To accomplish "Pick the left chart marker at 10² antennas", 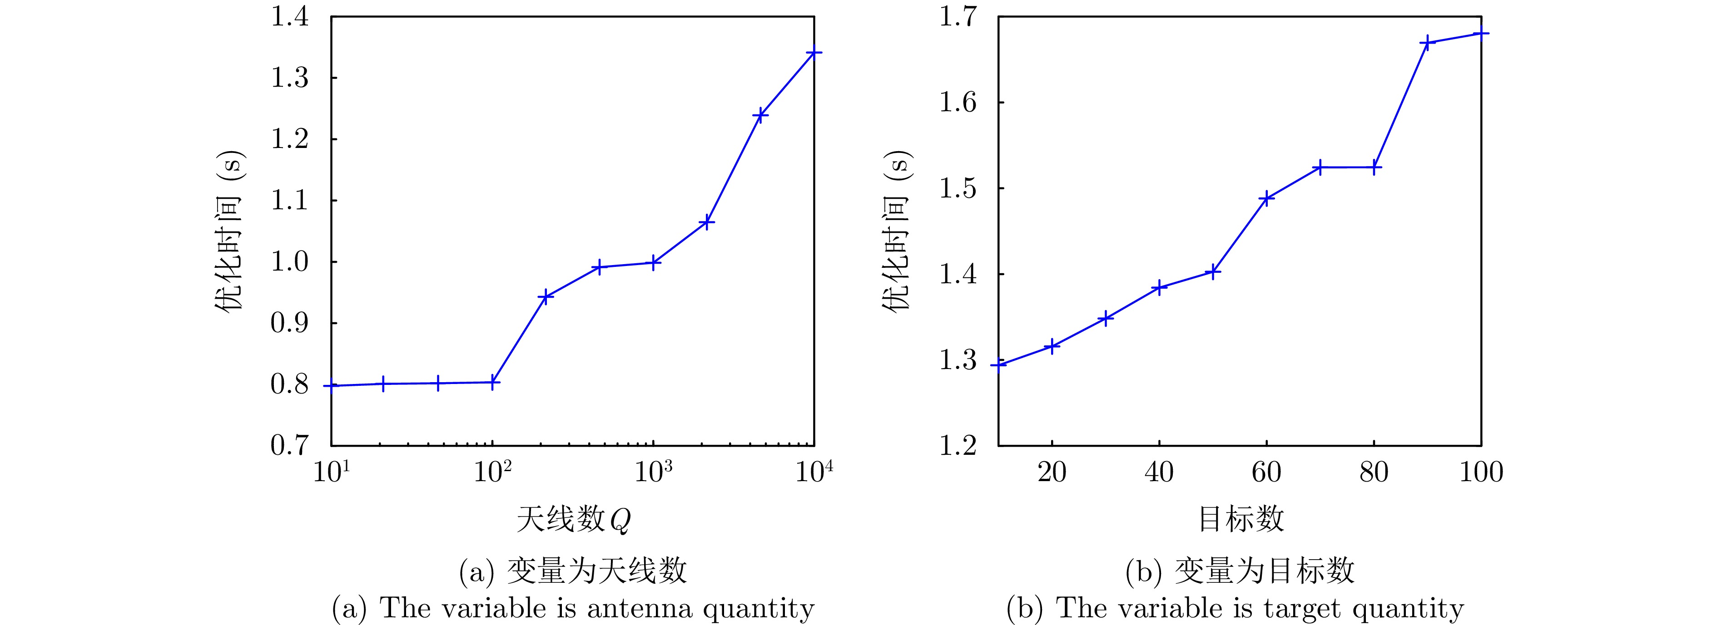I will coord(492,383).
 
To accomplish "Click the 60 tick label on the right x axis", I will coord(1266,472).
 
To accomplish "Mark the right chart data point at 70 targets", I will coord(1320,167).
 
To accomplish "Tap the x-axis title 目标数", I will coord(1241,519).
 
